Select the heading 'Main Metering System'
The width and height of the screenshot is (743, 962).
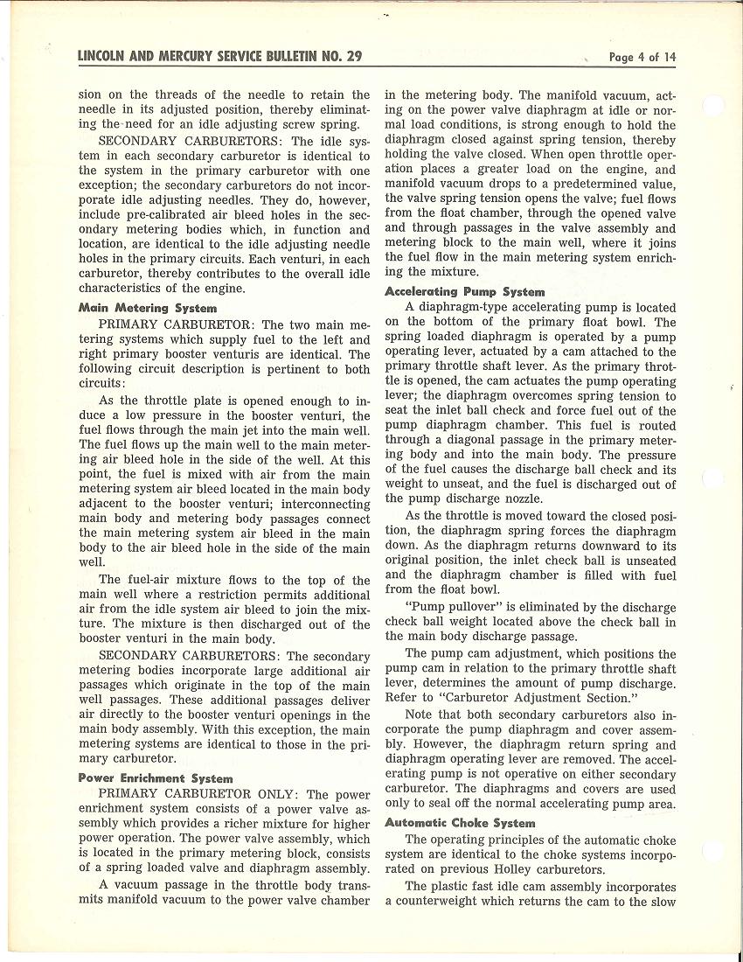(148, 308)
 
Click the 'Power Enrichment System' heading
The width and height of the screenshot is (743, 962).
(156, 777)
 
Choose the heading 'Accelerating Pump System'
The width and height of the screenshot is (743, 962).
(464, 292)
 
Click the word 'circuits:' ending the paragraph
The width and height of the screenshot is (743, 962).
(102, 382)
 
